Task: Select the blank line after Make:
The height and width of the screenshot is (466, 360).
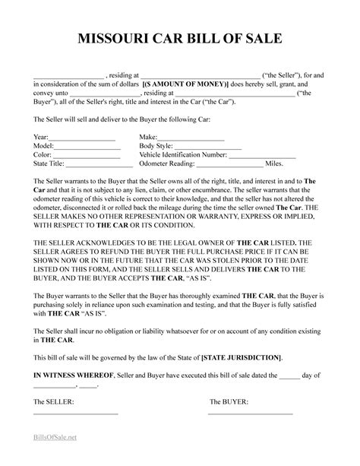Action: click(x=203, y=138)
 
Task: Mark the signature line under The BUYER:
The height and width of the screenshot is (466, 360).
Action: click(x=251, y=412)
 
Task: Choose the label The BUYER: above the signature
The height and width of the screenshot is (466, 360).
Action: click(x=229, y=400)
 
